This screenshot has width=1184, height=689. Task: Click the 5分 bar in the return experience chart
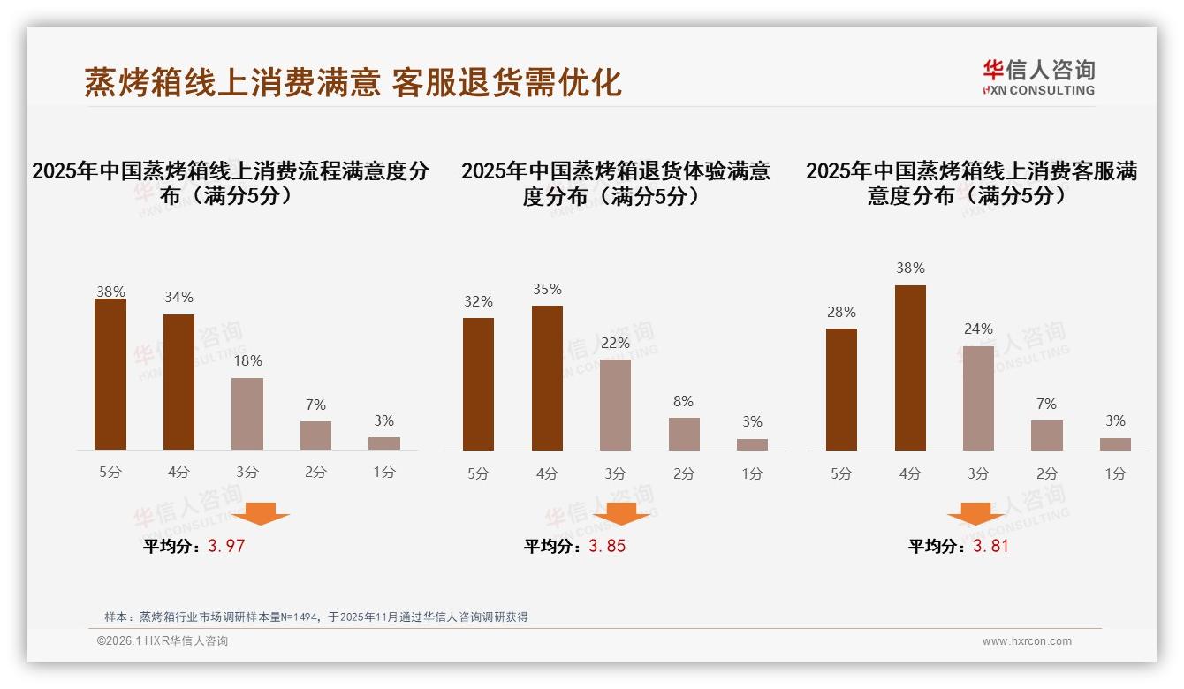click(478, 384)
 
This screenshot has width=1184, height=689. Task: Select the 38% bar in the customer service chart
click(910, 367)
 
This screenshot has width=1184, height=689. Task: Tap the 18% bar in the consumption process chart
click(247, 414)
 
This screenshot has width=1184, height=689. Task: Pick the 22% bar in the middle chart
click(615, 405)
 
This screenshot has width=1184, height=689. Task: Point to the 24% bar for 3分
click(978, 398)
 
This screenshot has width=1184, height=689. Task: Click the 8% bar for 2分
click(684, 434)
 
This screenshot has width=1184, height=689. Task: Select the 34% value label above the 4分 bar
click(178, 298)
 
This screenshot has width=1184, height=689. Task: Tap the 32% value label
click(478, 302)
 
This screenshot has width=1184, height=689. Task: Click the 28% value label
click(841, 313)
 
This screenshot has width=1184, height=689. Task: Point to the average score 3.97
click(226, 546)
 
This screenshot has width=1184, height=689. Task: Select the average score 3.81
click(990, 546)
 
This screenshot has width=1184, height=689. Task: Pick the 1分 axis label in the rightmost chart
click(1115, 474)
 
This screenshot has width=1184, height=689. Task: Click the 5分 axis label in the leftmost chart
click(110, 473)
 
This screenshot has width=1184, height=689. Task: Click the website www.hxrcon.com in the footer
click(1027, 641)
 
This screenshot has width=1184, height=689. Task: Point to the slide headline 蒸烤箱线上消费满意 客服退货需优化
click(353, 82)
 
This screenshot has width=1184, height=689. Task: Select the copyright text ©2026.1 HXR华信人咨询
click(163, 641)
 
